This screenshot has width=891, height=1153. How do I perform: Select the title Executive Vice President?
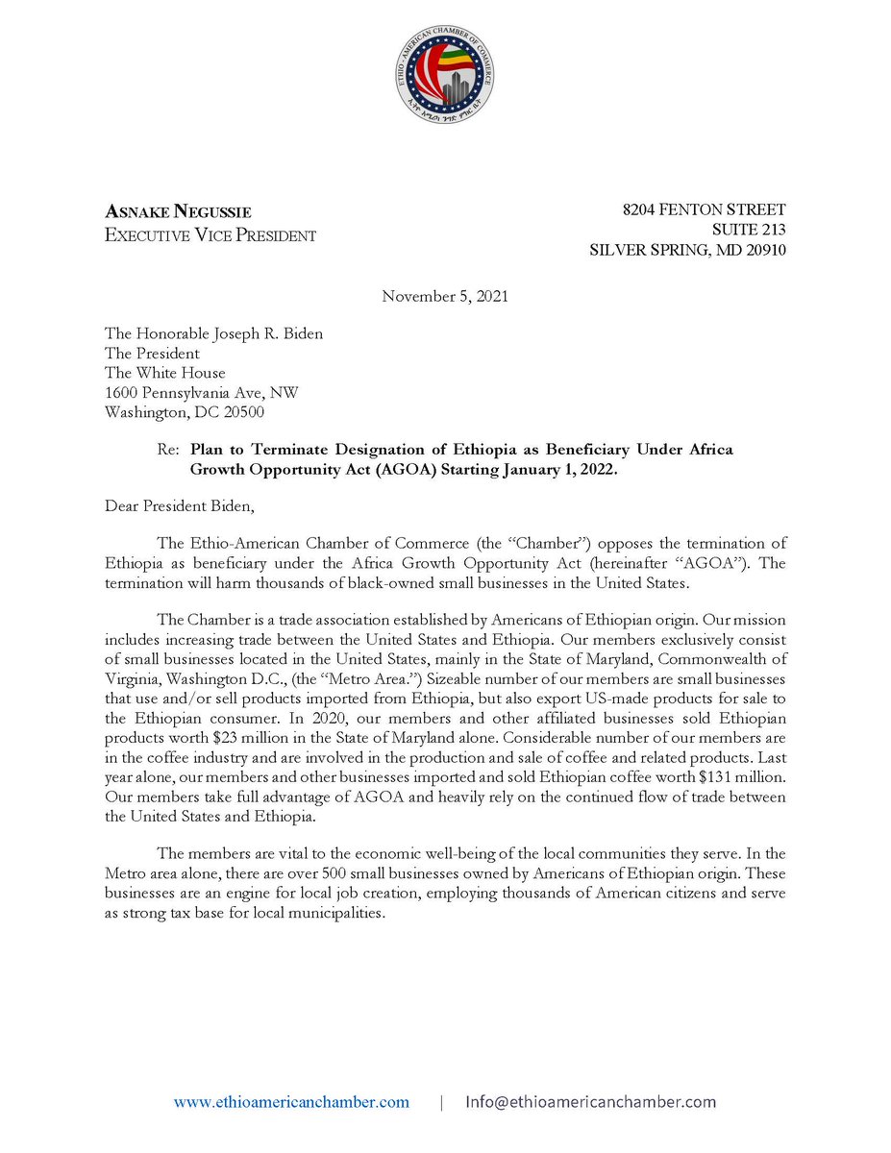(x=210, y=235)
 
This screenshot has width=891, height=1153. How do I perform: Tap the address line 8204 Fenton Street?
(x=705, y=209)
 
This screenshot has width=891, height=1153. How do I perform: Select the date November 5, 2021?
(x=445, y=296)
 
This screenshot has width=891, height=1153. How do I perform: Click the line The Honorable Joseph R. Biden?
(x=213, y=334)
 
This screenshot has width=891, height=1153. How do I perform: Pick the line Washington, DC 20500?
(x=185, y=411)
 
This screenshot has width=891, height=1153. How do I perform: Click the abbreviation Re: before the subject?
(x=168, y=450)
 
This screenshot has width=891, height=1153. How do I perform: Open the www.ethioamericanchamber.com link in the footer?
(x=291, y=1102)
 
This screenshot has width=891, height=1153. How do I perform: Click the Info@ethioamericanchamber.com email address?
(x=591, y=1102)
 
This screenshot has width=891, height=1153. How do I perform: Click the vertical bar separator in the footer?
(x=441, y=1102)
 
